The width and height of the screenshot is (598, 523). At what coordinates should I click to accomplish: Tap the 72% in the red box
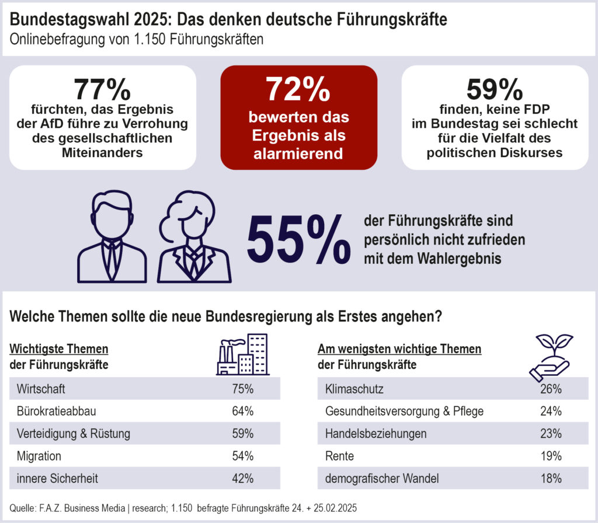[x=298, y=89]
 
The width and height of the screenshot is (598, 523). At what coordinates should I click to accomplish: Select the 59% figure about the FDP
[x=495, y=89]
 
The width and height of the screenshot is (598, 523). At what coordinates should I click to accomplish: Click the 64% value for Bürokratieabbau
[x=242, y=411]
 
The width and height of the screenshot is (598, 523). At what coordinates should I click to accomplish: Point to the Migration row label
[x=39, y=455]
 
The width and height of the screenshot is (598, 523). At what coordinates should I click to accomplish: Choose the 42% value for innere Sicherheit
[x=242, y=478]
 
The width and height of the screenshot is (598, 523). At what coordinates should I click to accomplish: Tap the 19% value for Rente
[x=551, y=455]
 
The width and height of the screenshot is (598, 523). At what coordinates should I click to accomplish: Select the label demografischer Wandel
[x=381, y=478]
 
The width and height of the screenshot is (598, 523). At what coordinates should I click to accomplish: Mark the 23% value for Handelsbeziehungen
[x=551, y=433]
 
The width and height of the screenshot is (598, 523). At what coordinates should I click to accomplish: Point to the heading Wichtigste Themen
[x=59, y=349]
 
